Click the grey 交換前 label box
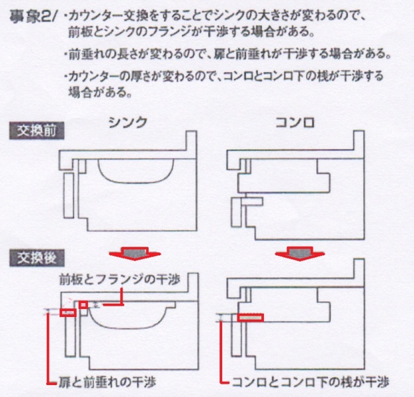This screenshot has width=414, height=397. (x=36, y=131)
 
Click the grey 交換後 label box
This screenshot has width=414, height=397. (x=36, y=258)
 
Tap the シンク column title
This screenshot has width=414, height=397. (x=128, y=122)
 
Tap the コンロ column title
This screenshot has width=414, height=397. (x=295, y=122)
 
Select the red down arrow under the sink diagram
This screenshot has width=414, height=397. (x=135, y=253)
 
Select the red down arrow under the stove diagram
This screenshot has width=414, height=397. (x=300, y=253)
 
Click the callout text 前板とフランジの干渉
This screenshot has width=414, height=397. (x=120, y=279)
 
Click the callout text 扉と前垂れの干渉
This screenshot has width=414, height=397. (x=107, y=382)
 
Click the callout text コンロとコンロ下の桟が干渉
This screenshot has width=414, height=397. (x=311, y=382)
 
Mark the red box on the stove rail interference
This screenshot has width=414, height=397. (x=250, y=318)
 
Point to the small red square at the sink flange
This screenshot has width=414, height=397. (x=83, y=304)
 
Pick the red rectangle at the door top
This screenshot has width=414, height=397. (x=68, y=313)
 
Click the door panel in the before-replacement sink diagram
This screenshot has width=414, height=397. (x=69, y=195)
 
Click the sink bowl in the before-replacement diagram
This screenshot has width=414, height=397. (x=136, y=171)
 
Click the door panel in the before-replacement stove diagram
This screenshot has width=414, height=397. (x=236, y=212)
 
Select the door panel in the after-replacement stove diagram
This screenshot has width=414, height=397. (x=236, y=335)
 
